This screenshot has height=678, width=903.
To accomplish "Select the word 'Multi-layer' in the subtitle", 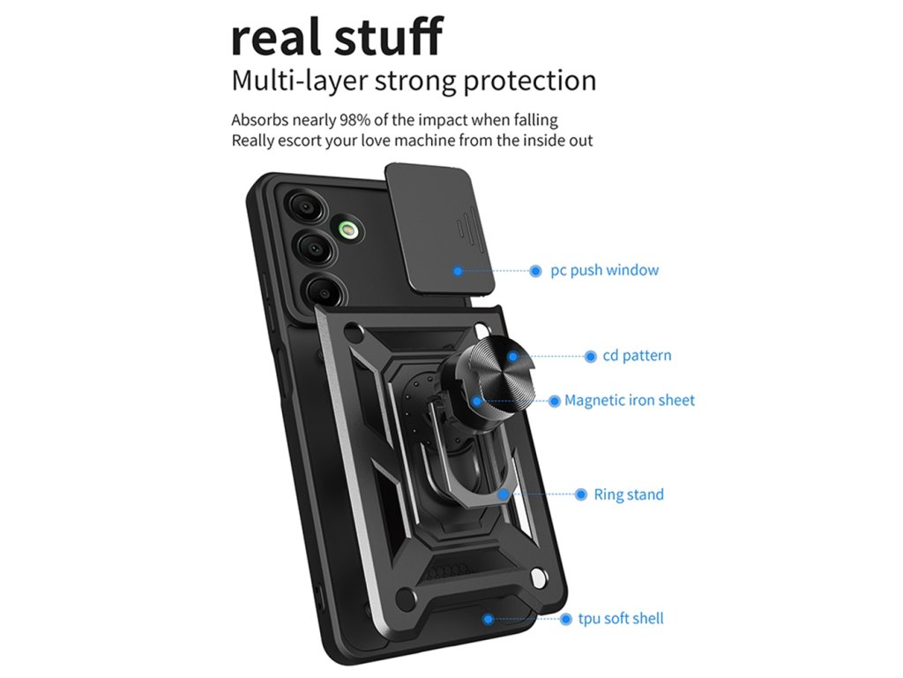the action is (x=300, y=81).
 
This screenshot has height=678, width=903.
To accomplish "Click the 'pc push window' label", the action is (x=604, y=270).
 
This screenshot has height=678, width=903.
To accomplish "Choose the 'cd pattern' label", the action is (x=637, y=356).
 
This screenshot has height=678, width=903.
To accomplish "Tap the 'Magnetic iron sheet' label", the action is (x=630, y=401).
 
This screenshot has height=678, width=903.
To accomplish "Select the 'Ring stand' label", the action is (x=628, y=494).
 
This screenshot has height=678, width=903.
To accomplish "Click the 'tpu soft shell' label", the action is (x=621, y=619).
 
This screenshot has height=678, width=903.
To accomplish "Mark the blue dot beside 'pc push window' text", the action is (x=535, y=271).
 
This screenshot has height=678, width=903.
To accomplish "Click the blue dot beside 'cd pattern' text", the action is (x=591, y=357).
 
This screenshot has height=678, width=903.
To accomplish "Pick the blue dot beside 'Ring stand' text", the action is (x=580, y=494).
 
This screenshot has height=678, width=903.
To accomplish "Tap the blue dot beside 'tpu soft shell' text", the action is (x=566, y=620).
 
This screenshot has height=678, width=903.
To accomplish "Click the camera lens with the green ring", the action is (x=347, y=231).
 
